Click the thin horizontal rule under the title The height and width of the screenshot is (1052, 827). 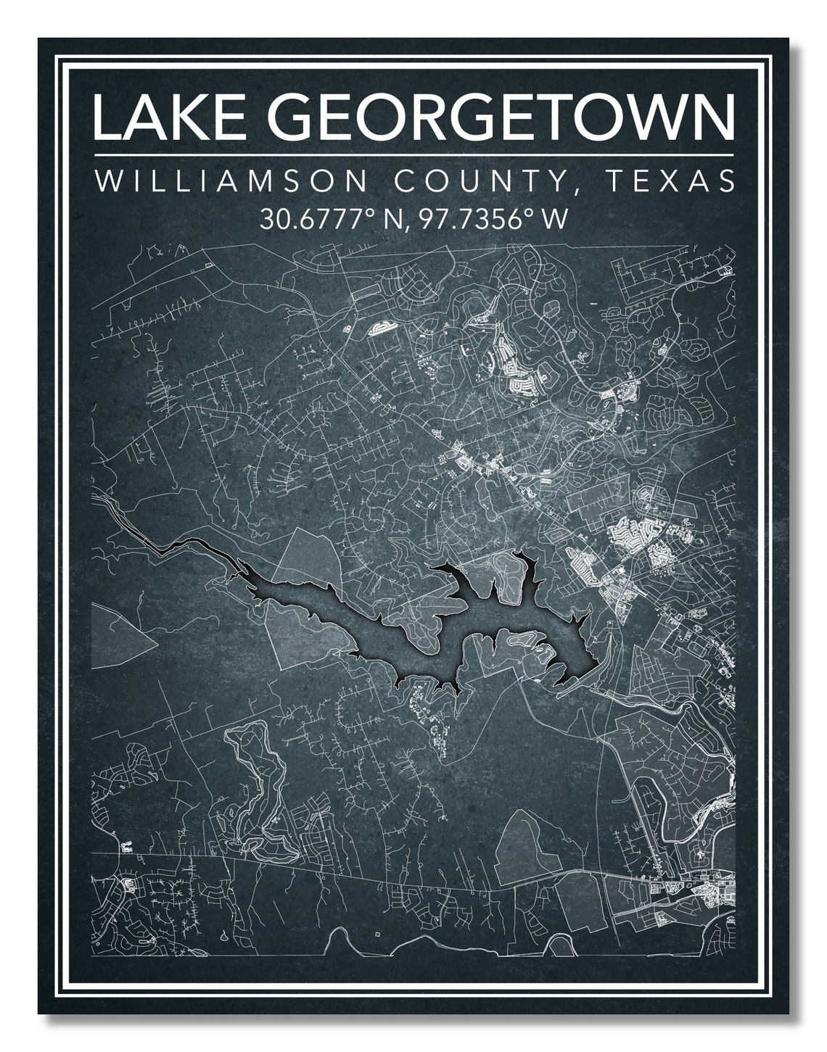[413, 154]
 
